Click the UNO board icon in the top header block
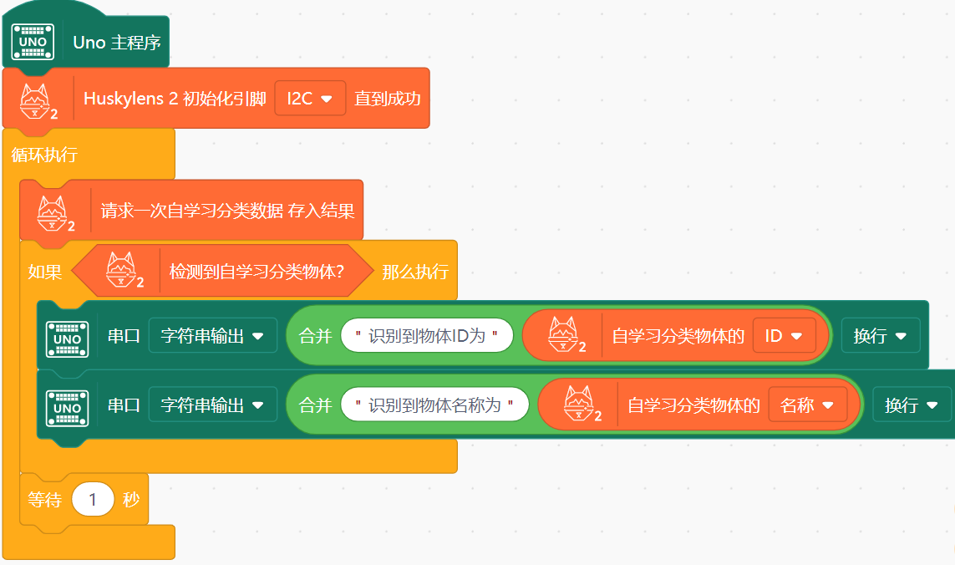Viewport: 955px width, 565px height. click(x=33, y=42)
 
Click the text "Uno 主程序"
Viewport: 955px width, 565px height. click(x=117, y=42)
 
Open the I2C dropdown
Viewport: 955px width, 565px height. click(x=310, y=99)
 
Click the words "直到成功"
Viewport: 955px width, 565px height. click(x=387, y=99)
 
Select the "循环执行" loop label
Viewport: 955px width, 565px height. click(x=44, y=155)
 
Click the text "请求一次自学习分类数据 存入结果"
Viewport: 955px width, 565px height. click(x=227, y=211)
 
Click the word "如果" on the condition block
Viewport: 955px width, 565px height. click(x=44, y=272)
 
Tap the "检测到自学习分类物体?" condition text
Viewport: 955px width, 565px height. click(x=257, y=272)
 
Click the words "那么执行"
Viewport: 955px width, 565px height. click(x=415, y=272)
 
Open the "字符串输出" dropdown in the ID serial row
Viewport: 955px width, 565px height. click(x=212, y=336)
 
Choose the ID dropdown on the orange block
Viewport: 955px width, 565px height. click(x=784, y=336)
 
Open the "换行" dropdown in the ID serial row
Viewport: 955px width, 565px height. click(x=880, y=336)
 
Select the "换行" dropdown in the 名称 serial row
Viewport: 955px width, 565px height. click(x=912, y=405)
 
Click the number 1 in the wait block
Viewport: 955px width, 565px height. click(x=93, y=500)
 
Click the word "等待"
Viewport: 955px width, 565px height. click(x=44, y=500)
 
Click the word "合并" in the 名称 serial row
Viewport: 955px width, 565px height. click(x=315, y=405)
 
